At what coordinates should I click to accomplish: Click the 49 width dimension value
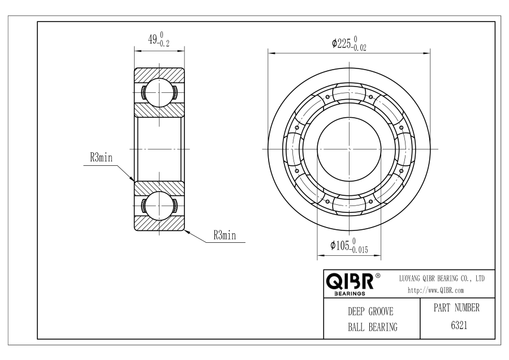[x=151, y=39]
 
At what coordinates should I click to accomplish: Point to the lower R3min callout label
[x=225, y=235]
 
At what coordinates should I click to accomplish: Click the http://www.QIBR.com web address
[x=435, y=291]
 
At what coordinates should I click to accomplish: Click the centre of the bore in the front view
[x=349, y=148]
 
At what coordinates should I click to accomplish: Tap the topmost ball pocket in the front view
[x=349, y=94]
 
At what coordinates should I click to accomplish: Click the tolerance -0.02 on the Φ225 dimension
[x=360, y=48]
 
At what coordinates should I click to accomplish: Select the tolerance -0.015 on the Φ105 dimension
[x=359, y=249]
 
